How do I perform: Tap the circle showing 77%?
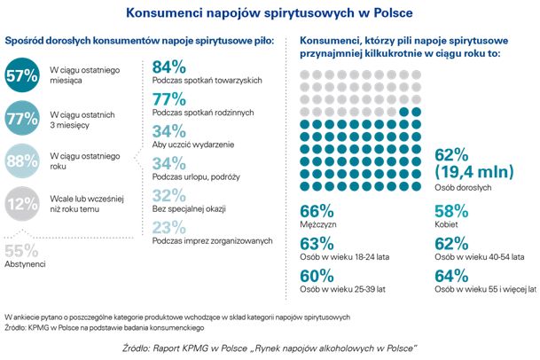pyautogui.click(x=22, y=116)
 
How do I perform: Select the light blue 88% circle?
pyautogui.click(x=22, y=160)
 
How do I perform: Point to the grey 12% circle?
pyautogui.click(x=22, y=205)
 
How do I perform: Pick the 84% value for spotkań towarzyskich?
pyautogui.click(x=169, y=67)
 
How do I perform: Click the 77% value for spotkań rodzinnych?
pyautogui.click(x=169, y=98)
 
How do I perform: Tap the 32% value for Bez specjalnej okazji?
pyautogui.click(x=169, y=195)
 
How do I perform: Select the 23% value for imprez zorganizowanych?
pyautogui.click(x=169, y=227)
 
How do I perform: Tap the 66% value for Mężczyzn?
pyautogui.click(x=317, y=211)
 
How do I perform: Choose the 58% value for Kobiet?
pyautogui.click(x=451, y=211)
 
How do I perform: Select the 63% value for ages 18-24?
pyautogui.click(x=317, y=244)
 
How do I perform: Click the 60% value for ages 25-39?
pyautogui.click(x=317, y=276)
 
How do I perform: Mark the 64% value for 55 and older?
pyautogui.click(x=451, y=276)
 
